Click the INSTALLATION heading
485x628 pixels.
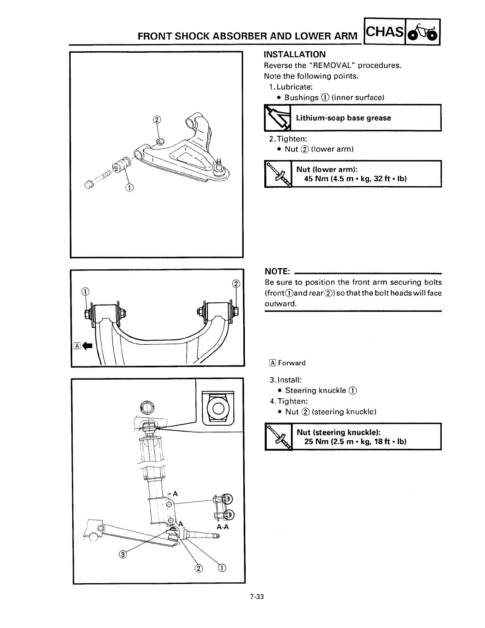tap(294, 54)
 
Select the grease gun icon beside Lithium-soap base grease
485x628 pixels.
tap(277, 118)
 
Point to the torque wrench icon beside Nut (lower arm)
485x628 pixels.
tap(278, 174)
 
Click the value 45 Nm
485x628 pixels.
tap(315, 179)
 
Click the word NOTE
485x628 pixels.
tap(278, 271)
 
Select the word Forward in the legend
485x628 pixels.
tap(292, 363)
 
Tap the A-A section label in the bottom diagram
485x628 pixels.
tap(223, 527)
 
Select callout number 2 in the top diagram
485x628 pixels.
tap(157, 120)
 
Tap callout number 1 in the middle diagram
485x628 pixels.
tap(85, 292)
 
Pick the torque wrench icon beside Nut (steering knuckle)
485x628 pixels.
tap(278, 436)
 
